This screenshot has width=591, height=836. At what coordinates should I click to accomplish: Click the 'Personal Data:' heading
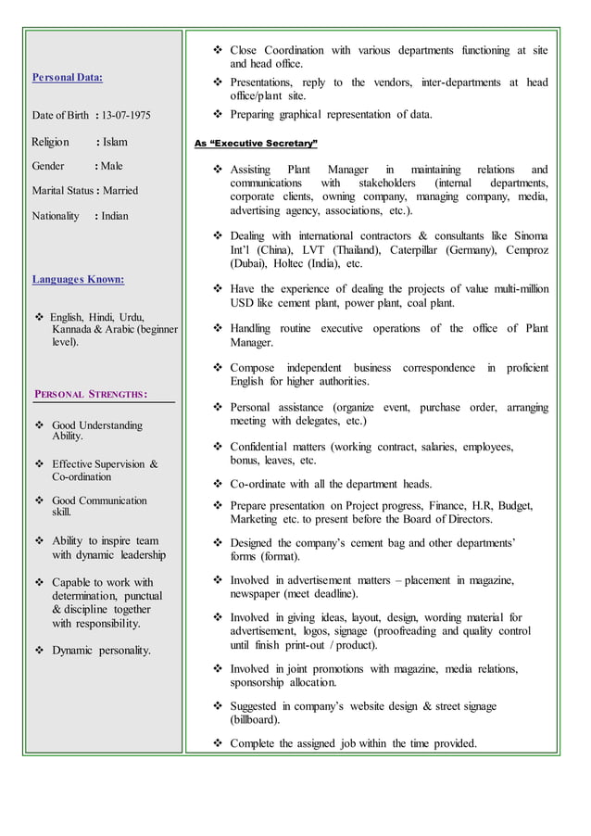click(x=68, y=77)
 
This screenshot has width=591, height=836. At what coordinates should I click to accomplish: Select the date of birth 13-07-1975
click(x=127, y=116)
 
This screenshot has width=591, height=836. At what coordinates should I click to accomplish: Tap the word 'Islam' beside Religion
click(x=115, y=142)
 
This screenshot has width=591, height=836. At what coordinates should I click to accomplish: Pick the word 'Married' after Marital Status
click(x=119, y=191)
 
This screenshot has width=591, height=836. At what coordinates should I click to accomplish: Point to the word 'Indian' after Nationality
click(x=115, y=216)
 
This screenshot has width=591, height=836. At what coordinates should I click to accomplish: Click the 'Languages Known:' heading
click(x=78, y=278)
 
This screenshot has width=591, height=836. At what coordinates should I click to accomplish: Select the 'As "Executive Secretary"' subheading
click(x=256, y=145)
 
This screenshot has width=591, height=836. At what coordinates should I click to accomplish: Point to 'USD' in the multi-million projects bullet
click(x=243, y=303)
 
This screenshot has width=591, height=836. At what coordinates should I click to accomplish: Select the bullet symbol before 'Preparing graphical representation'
click(x=219, y=115)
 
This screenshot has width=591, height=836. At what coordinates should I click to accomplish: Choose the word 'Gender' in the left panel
click(x=48, y=167)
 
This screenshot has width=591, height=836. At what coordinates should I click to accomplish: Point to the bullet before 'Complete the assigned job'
click(x=219, y=743)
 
